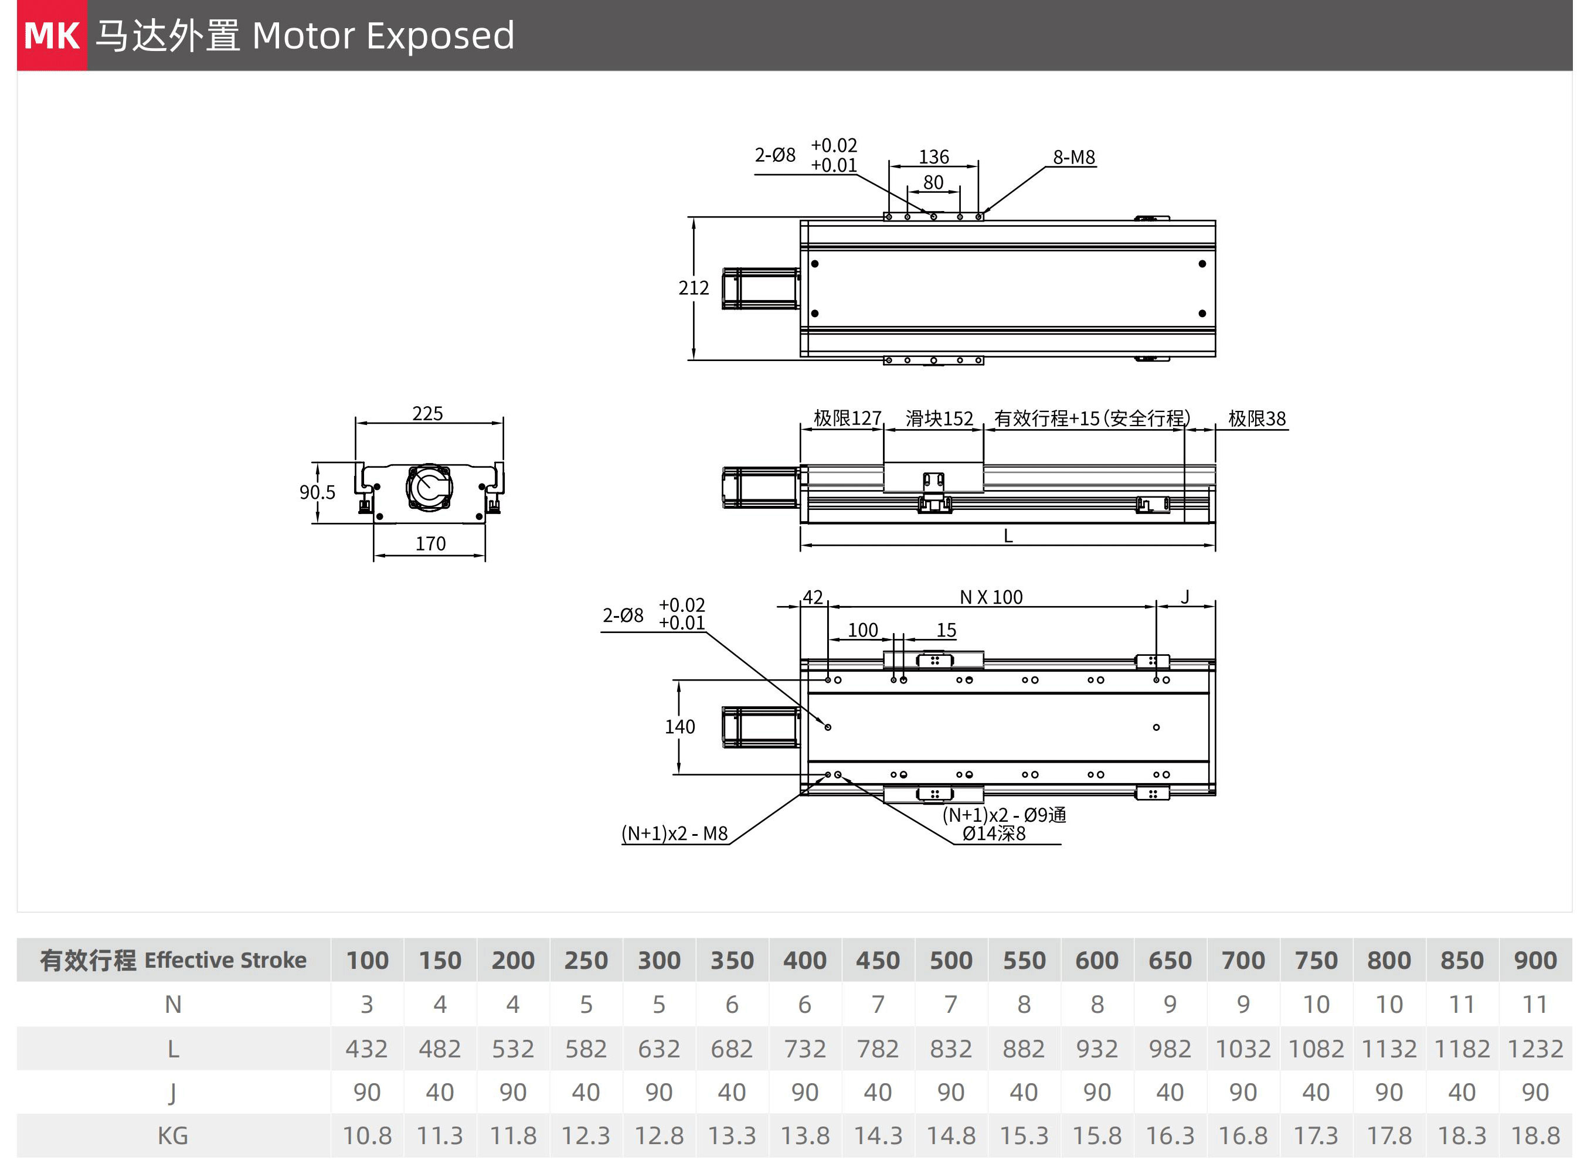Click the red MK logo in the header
(52, 35)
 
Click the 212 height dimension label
(693, 288)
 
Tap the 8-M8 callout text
(1073, 157)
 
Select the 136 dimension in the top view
(933, 156)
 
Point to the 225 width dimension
(427, 413)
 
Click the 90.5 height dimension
(317, 492)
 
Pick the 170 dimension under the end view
(430, 543)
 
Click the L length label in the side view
(1008, 536)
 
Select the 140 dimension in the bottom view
(679, 727)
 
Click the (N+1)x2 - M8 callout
(674, 833)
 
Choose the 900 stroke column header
(1535, 961)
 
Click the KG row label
(172, 1136)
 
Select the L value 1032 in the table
(1243, 1049)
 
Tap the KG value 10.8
(367, 1136)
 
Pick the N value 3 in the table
(367, 1005)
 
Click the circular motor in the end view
(429, 486)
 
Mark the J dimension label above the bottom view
(1185, 597)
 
